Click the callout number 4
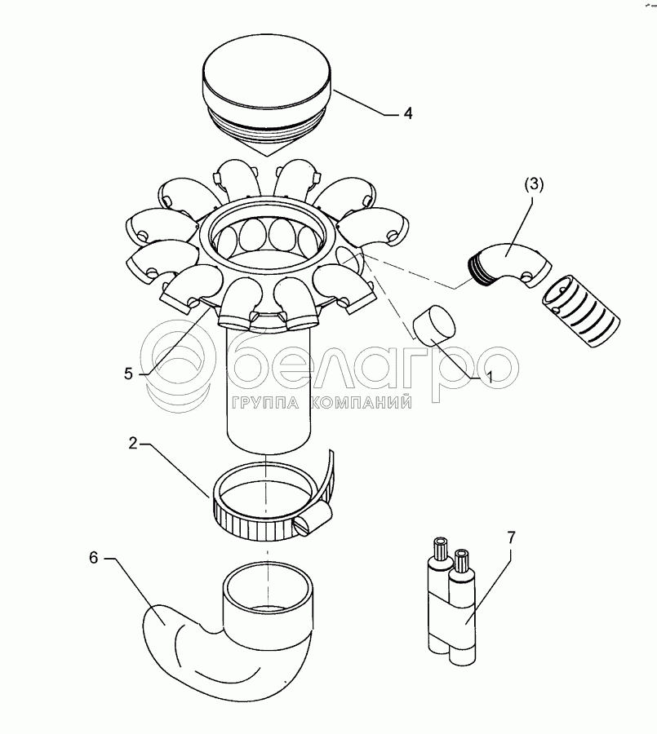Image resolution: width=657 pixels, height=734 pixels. pos(408,113)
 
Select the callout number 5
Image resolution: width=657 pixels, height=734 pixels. pos(129,374)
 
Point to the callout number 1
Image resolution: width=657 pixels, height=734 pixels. pos(490,378)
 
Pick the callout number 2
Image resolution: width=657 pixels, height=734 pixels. pos(133,444)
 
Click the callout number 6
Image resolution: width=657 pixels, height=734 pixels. pos(94,558)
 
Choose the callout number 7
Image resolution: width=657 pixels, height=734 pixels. pos(511,537)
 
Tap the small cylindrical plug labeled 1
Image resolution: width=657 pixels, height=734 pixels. pos(434,325)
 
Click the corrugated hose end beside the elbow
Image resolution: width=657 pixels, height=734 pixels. pos(581,311)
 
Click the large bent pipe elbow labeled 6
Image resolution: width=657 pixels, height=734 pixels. pos(227,632)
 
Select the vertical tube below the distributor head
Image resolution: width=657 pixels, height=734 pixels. pos(269,388)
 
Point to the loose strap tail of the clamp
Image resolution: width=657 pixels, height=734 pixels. pos(325,477)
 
